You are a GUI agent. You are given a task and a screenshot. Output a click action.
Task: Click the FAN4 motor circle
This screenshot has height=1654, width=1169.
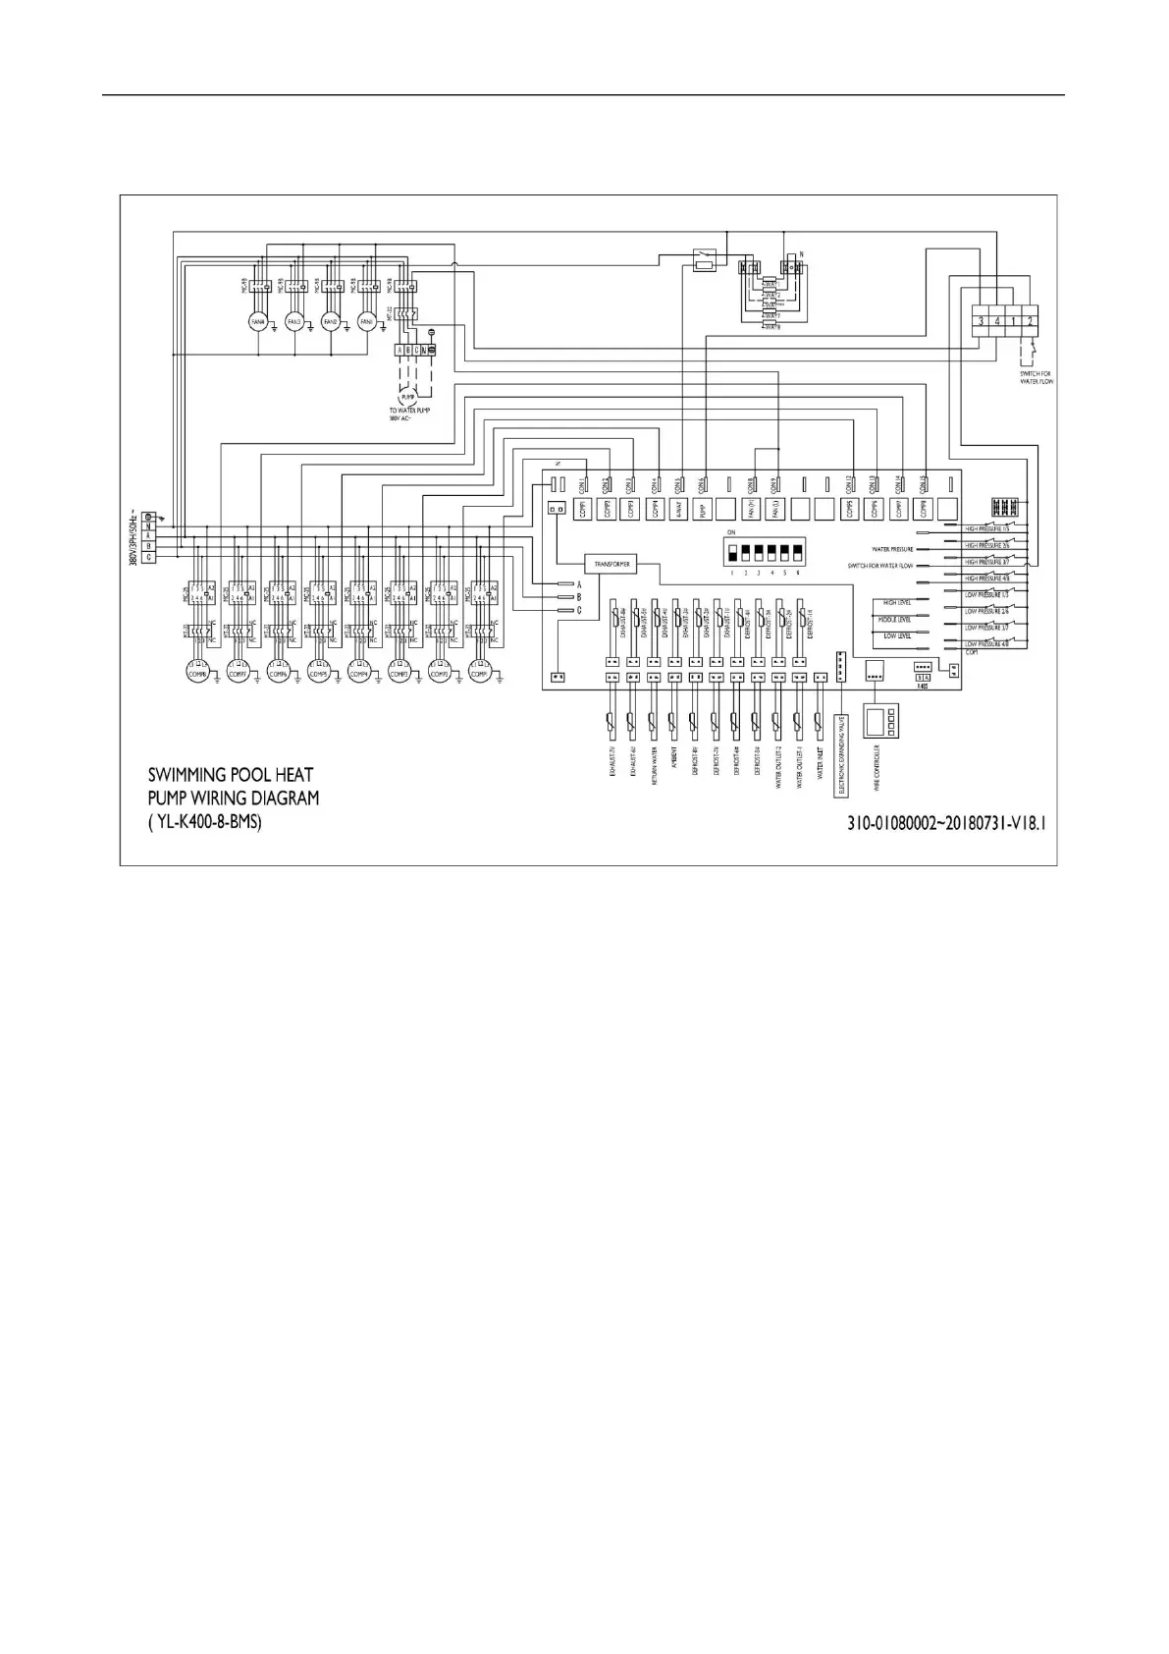click(x=258, y=321)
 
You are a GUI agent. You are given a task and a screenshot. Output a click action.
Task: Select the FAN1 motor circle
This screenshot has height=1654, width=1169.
click(x=367, y=321)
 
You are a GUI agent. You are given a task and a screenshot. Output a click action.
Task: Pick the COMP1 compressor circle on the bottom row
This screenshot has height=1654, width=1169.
click(x=479, y=674)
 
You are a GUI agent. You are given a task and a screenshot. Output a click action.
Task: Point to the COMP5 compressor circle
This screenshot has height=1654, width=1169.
click(x=318, y=674)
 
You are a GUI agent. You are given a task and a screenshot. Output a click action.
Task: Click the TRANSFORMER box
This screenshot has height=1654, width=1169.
click(x=611, y=564)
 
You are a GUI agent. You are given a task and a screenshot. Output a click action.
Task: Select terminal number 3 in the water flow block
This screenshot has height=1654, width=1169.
click(x=981, y=320)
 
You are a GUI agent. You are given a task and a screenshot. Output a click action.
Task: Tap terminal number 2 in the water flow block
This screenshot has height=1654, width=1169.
click(x=1030, y=320)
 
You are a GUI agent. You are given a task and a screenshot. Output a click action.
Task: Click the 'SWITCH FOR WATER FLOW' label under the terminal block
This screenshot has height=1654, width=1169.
click(x=1036, y=377)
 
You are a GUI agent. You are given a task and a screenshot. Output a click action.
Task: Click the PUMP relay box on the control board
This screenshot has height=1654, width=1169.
click(x=703, y=509)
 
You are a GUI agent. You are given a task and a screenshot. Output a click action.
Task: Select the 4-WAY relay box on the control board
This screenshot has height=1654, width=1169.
click(x=679, y=509)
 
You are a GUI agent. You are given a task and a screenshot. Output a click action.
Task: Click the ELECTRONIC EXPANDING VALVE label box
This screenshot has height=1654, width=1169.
click(x=840, y=754)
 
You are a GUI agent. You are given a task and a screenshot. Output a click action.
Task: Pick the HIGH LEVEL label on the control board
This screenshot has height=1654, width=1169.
click(x=897, y=602)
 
